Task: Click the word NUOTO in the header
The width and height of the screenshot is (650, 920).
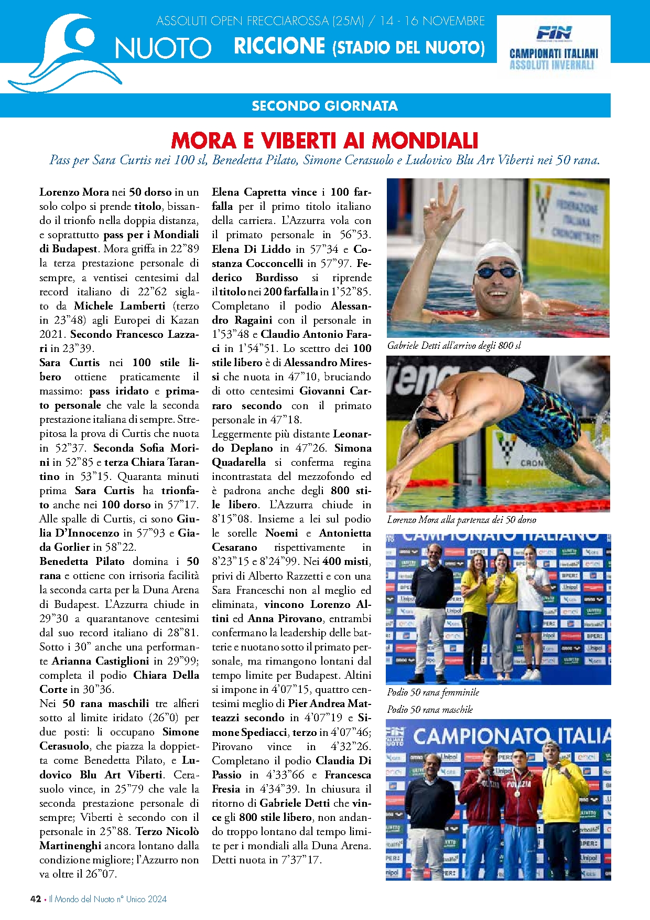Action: coord(163,48)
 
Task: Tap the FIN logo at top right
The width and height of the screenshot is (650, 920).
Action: coord(554,34)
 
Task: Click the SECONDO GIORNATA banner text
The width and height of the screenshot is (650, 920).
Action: coord(324,106)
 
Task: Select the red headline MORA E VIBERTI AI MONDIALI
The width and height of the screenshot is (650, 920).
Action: coord(324,141)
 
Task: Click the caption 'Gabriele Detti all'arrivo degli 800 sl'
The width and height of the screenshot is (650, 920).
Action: coord(454,345)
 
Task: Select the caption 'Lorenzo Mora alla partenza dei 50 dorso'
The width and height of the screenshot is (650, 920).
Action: coord(461,520)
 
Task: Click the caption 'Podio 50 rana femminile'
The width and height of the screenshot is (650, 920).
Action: coord(433,692)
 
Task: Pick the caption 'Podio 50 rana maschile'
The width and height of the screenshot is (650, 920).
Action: coord(430,710)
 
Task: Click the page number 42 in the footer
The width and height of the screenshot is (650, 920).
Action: coord(36,899)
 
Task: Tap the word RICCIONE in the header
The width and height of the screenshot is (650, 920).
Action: coord(279,46)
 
